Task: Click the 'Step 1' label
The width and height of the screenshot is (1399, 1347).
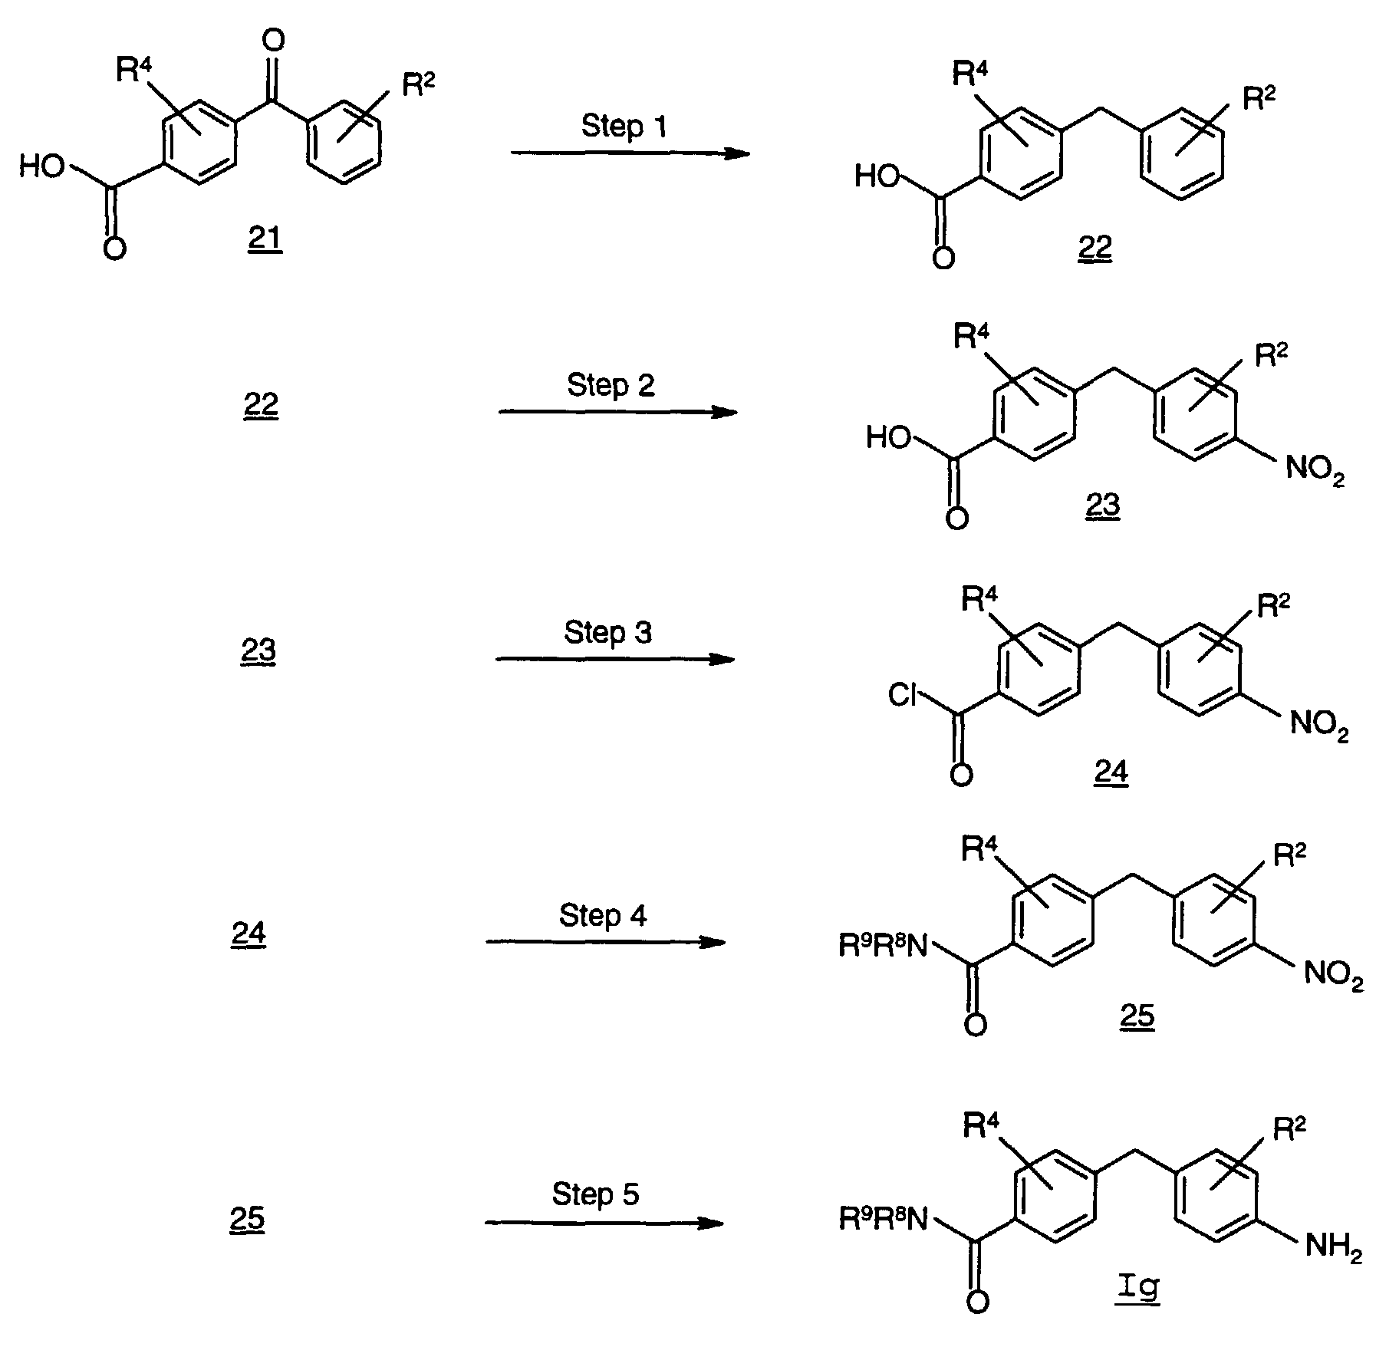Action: (x=624, y=126)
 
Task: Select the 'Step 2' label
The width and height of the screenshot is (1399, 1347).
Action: (x=611, y=384)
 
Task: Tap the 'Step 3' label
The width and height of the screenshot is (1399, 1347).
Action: (x=607, y=632)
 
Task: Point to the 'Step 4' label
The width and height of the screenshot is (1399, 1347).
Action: (x=602, y=915)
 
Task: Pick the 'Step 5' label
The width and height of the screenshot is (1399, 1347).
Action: (x=595, y=1194)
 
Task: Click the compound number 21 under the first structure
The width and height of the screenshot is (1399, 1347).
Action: (x=265, y=239)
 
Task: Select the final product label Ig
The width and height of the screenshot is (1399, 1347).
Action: (x=1139, y=1286)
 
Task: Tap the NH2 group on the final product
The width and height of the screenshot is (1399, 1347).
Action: (x=1333, y=1247)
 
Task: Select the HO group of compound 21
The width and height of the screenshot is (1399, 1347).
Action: (x=42, y=165)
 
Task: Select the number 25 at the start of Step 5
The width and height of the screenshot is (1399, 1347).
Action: (x=247, y=1218)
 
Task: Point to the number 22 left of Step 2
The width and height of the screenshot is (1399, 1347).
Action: (x=261, y=403)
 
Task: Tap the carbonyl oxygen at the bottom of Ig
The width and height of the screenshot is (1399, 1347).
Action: (x=976, y=1301)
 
